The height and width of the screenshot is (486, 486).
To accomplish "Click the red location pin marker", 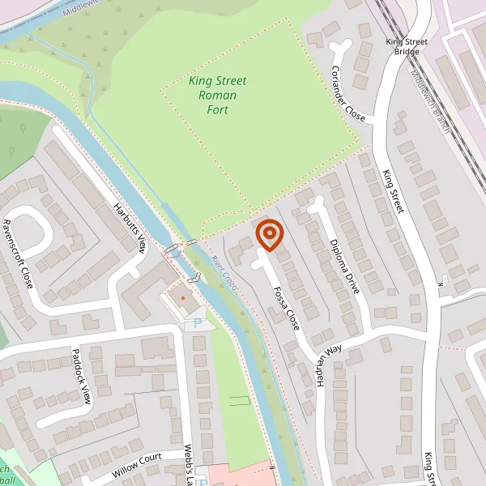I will tap(269, 234).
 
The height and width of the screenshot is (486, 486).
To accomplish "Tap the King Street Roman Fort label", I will tap(217, 96).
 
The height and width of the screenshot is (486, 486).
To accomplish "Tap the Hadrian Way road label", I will tap(330, 366).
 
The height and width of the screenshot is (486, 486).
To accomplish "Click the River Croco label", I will tap(221, 271).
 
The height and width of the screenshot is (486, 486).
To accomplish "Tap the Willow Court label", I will tap(137, 467).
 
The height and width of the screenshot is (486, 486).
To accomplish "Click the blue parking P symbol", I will tap(197, 323).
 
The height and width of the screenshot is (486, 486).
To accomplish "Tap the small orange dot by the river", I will tap(182, 298).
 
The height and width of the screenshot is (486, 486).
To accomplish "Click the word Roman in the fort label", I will tap(218, 96).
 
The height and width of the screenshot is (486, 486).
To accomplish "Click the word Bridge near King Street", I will tap(407, 52).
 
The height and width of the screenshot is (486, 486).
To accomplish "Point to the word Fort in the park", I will tap(217, 109).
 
